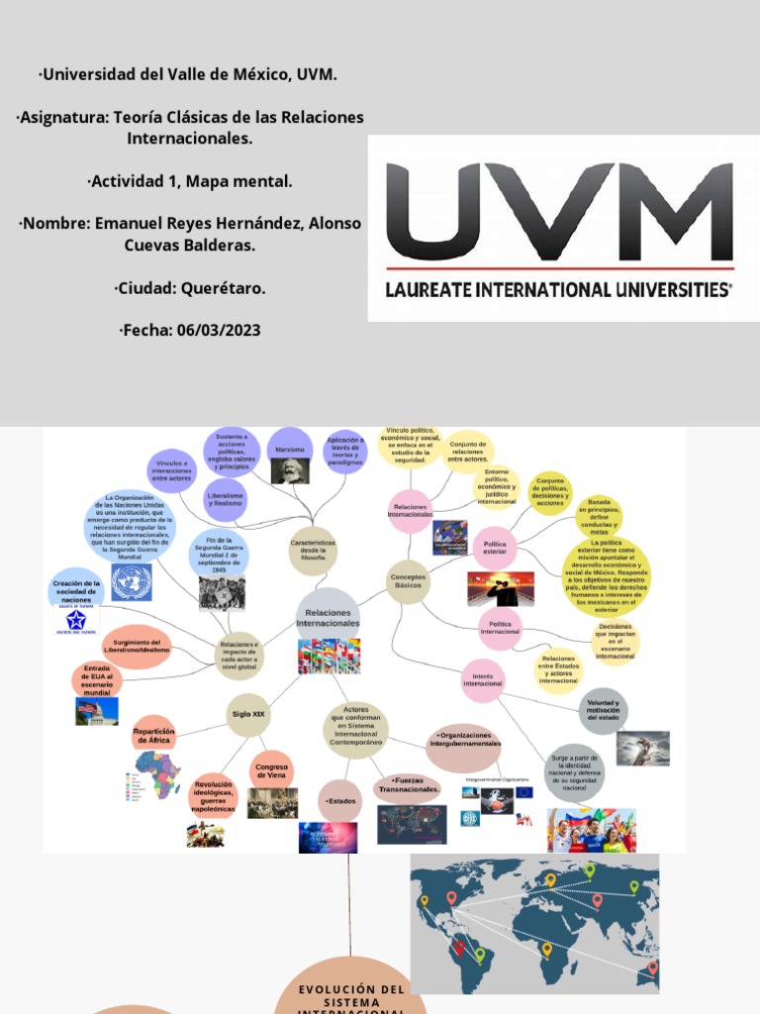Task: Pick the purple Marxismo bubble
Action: [290, 449]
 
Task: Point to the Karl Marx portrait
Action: [290, 471]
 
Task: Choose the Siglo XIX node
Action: [247, 713]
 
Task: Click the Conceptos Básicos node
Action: [407, 580]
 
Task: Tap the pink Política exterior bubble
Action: [495, 547]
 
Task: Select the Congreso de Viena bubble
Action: [271, 770]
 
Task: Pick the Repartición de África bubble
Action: [153, 736]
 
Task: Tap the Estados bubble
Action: [338, 799]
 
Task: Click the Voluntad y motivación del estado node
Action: [602, 709]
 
